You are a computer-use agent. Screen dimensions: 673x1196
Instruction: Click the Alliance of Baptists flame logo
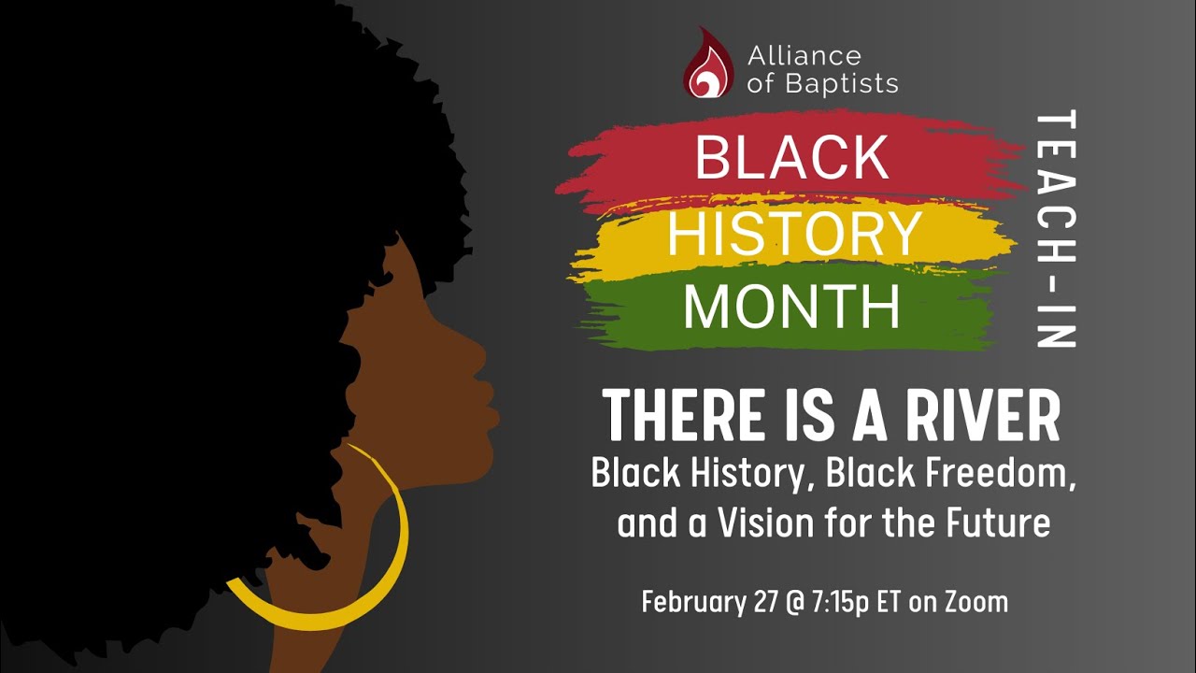[x=708, y=64]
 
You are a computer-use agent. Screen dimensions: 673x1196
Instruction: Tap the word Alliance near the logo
[x=804, y=56]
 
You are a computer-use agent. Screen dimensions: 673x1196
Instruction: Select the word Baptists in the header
[x=838, y=83]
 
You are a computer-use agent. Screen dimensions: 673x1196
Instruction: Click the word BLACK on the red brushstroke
[x=791, y=158]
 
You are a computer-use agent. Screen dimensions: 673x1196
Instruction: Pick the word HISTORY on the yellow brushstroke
[x=794, y=234]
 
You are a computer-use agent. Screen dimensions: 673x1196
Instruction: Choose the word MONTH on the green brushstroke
[x=791, y=308]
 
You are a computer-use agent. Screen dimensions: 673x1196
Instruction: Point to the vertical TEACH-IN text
[x=1057, y=230]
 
